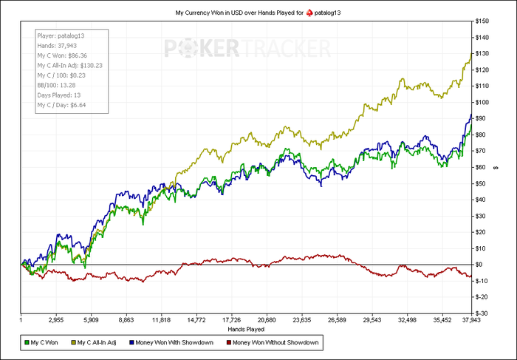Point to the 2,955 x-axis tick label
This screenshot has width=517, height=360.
tap(56, 321)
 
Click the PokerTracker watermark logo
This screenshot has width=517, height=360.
tap(247, 49)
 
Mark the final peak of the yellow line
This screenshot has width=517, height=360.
tap(470, 55)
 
